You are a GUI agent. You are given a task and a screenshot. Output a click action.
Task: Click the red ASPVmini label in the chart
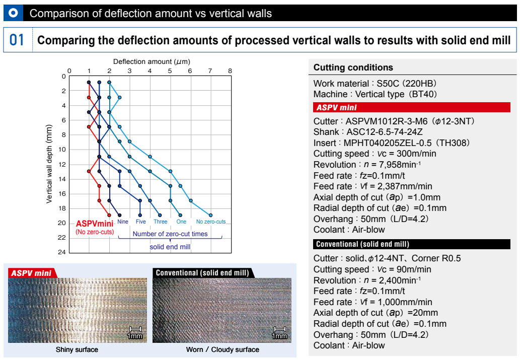pos(95,224)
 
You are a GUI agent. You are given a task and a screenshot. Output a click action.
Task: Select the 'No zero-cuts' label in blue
pos(211,222)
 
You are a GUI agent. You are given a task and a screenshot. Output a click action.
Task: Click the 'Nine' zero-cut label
pos(122,222)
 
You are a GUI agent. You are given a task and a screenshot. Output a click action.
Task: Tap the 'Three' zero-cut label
pos(161,222)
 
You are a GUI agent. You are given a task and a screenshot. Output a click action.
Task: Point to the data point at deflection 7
pos(210,215)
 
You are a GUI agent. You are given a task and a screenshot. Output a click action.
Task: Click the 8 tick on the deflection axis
pos(230,70)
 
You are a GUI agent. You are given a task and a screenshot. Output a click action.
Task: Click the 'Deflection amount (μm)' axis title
pos(151,61)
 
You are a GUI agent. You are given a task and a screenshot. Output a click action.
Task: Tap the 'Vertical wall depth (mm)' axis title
pos(49,165)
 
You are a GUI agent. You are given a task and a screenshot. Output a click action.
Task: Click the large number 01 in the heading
pos(17,40)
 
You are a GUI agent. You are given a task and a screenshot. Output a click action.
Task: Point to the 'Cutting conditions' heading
pos(353,67)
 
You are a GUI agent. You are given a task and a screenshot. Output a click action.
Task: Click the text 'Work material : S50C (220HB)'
pos(375,83)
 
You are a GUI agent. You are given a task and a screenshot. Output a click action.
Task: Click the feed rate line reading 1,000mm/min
pos(373,302)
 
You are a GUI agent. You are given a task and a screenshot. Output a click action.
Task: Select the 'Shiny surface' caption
pos(77,349)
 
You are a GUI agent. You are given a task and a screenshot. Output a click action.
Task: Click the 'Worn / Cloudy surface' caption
pos(222,349)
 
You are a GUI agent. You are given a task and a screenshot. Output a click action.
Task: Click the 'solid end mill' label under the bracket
pos(170,247)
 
